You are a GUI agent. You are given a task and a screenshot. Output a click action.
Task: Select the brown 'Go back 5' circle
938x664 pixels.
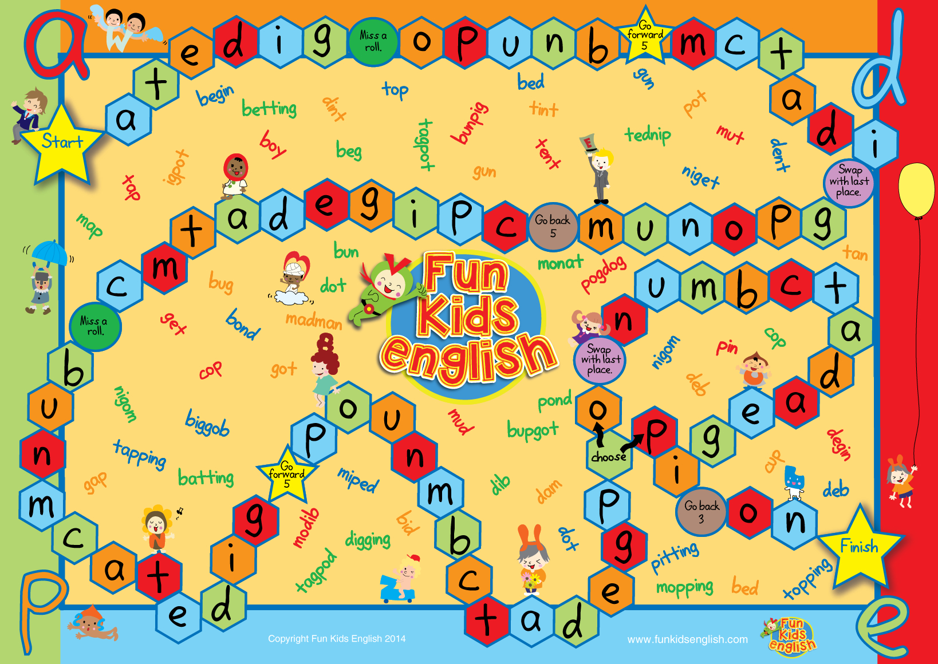[553, 227]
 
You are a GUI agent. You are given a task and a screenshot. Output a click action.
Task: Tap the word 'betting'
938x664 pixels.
[269, 108]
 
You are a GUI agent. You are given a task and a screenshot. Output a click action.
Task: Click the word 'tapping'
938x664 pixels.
[140, 454]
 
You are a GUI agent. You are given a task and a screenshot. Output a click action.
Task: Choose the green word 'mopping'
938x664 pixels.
[685, 587]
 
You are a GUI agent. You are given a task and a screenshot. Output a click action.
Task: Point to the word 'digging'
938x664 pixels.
[368, 539]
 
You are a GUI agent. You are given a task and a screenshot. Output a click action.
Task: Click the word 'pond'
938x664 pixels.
[554, 401]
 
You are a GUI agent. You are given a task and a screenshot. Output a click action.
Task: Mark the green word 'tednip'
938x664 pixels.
[648, 135]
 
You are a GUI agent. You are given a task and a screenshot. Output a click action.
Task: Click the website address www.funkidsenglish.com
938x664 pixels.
[687, 639]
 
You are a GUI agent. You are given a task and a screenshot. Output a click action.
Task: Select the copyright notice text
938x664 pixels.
[337, 639]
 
